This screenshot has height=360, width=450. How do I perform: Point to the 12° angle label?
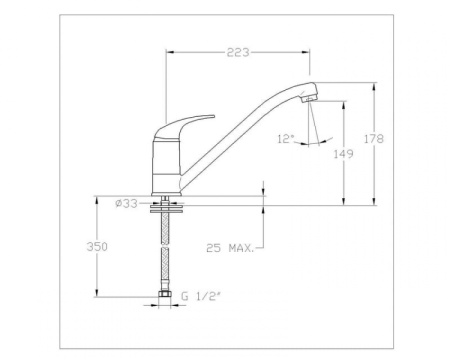(x=286, y=138)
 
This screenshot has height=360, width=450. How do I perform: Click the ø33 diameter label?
(x=127, y=203)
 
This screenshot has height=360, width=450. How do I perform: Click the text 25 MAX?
(x=228, y=246)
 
